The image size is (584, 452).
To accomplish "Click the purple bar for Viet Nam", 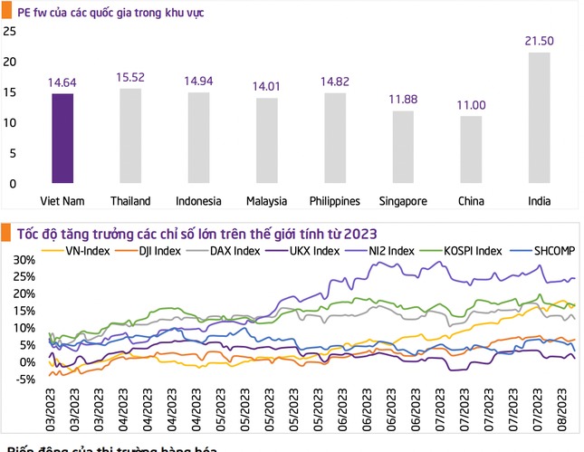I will click(62, 139).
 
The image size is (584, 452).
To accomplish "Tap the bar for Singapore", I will click(403, 147).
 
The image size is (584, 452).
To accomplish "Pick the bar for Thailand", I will click(130, 136).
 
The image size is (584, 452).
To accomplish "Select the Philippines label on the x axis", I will click(334, 200).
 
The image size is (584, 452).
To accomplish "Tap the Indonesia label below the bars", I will click(198, 200).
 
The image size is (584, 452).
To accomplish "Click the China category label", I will click(471, 200).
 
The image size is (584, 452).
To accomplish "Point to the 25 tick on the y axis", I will click(10, 32).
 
